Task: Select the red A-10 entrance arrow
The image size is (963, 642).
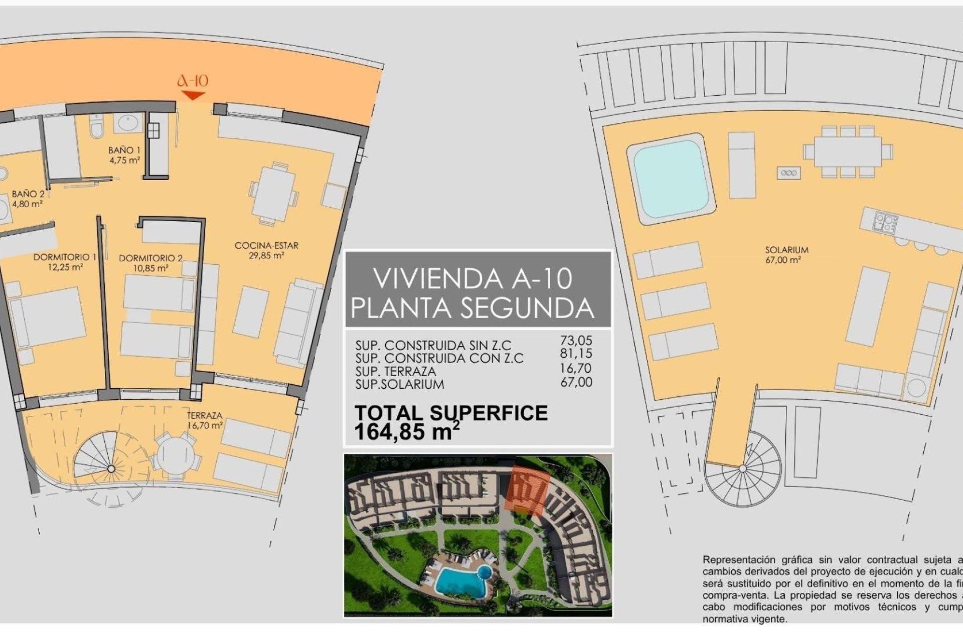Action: tap(193, 95)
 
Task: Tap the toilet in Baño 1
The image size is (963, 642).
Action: tap(96, 127)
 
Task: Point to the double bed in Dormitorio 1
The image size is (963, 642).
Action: tap(48, 317)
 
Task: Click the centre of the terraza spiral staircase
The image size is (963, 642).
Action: tap(111, 469)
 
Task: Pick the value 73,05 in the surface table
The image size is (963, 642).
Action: tap(576, 341)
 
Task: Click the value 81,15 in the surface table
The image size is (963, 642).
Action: tap(576, 354)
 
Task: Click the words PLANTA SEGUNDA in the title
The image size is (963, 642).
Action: tap(472, 308)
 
